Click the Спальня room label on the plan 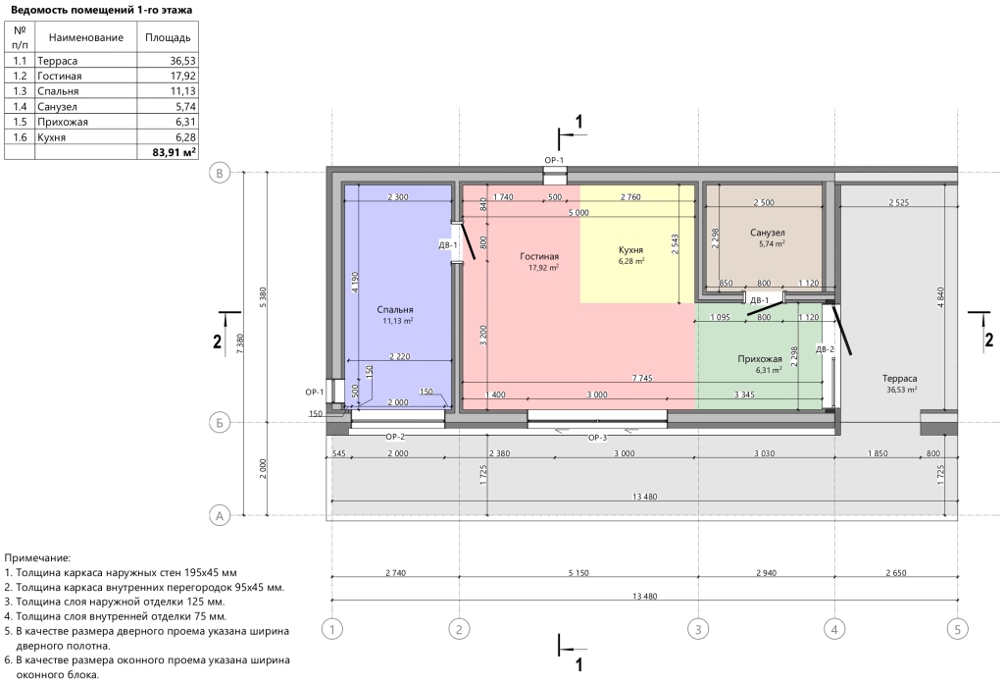coord(395,309)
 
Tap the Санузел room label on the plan coord(767,233)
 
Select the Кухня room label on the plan coord(630,250)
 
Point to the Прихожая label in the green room coord(760,359)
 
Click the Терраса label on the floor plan coord(899,379)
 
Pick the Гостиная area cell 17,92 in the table coord(180,76)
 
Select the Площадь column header coord(168,37)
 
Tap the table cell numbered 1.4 coord(20,106)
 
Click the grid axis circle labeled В coord(220,173)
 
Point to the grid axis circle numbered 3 coord(698,629)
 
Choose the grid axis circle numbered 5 coord(957,629)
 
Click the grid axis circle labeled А coord(220,515)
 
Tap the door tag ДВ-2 coord(825,349)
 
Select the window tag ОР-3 coord(597,438)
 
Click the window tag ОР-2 coord(394,437)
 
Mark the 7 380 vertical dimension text coord(239,343)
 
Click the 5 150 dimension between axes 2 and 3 coord(578,573)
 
